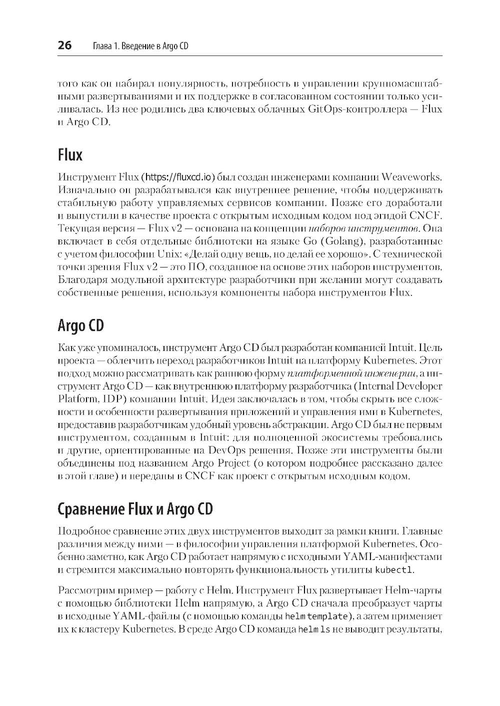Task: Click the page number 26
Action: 65,46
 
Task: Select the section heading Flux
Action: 70,155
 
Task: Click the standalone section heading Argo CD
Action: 81,325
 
